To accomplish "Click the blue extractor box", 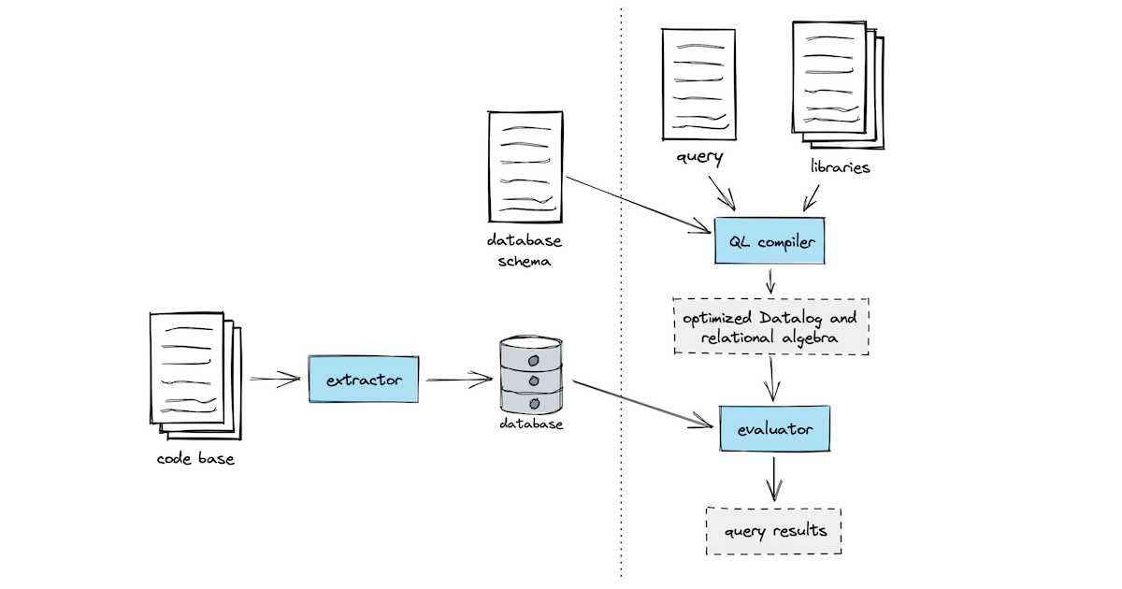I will coord(362,380).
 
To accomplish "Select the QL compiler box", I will coord(771,241).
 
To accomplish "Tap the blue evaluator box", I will coord(773,430).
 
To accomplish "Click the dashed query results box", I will coord(773,531).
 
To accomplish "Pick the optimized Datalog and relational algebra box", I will coord(770,327).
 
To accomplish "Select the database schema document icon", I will coord(525,163).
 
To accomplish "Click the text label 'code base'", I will coord(195,459).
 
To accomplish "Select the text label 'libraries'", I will coord(839,167).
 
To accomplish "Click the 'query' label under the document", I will coord(699,157).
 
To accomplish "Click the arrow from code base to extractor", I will coord(274,380).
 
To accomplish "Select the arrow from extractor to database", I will coord(458,380).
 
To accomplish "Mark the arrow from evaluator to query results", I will coord(773,479).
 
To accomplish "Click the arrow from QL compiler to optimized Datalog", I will coord(770,281).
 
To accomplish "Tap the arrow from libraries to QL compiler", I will coord(811,197).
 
